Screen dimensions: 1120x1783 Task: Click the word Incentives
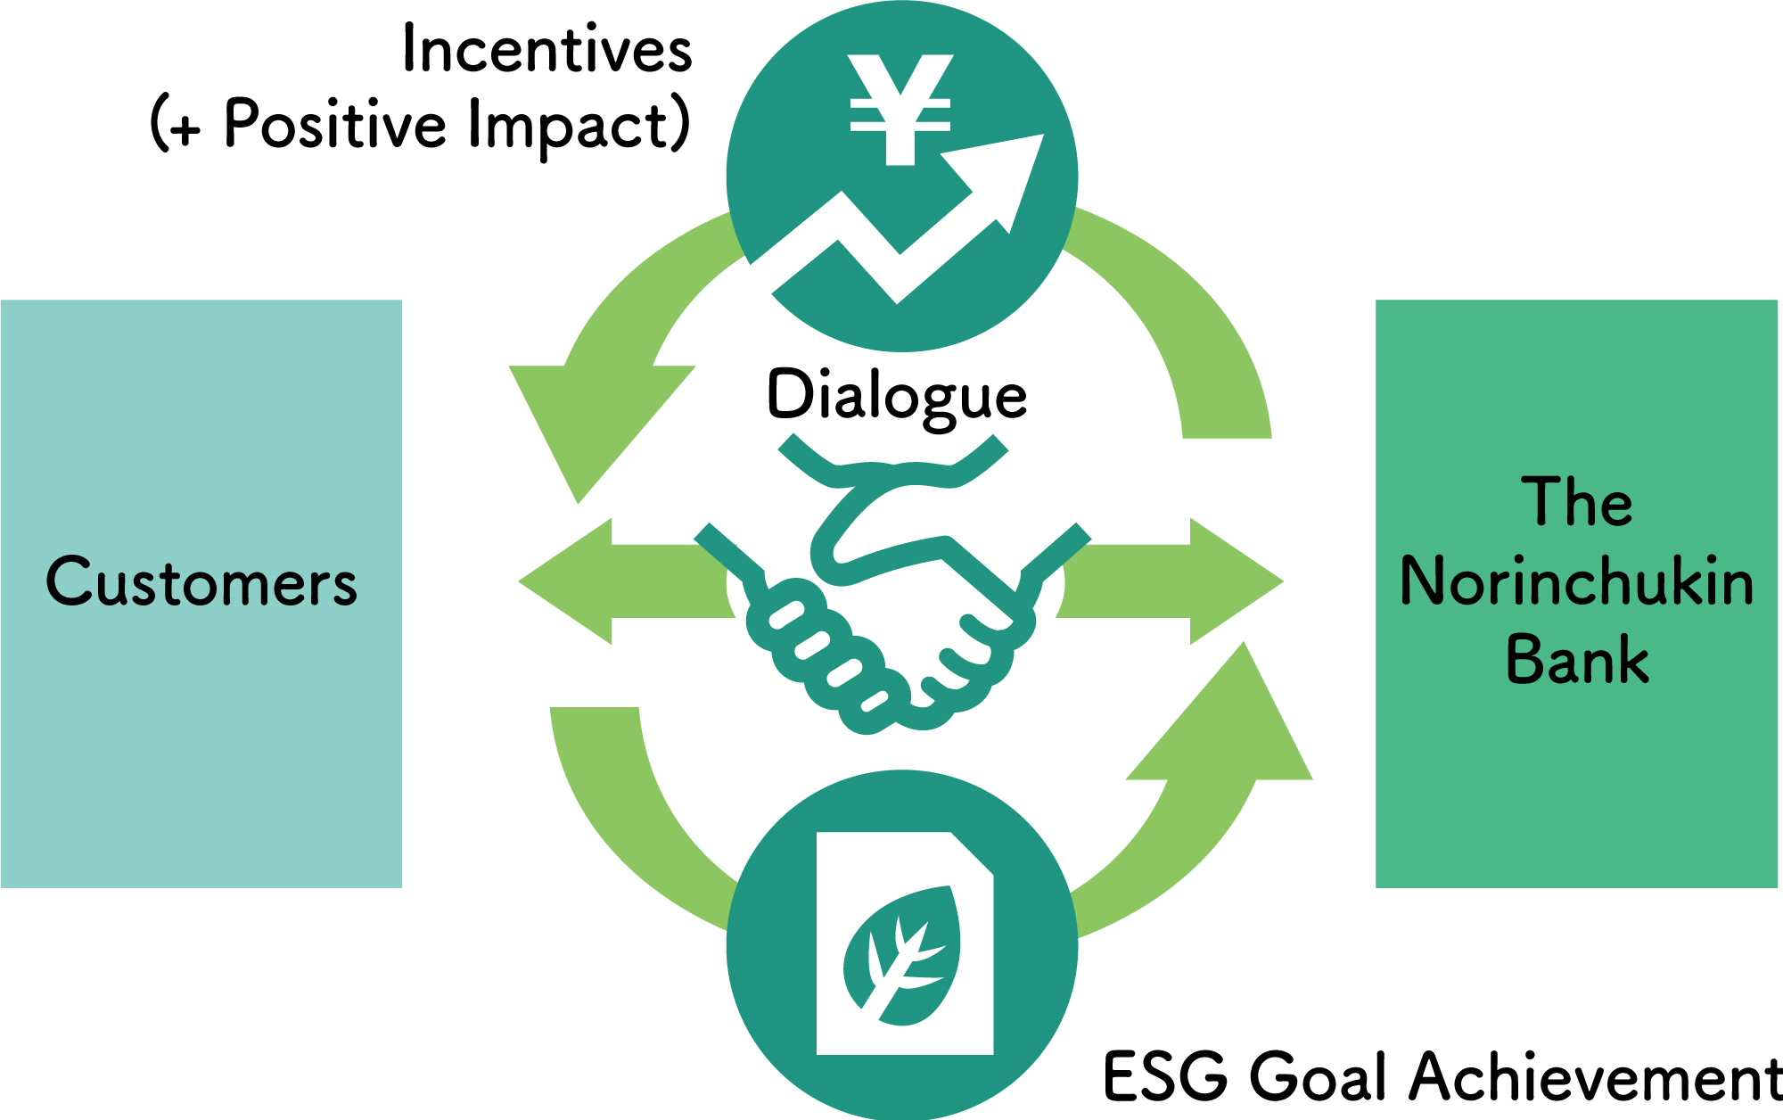pos(547,49)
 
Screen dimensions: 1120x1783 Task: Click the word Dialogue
pos(897,395)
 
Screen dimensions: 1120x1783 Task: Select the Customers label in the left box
pos(201,582)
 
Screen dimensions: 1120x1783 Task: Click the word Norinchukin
pos(1576,581)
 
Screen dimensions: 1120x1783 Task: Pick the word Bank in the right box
pos(1577,660)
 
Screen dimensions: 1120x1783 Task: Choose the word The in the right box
pos(1577,502)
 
